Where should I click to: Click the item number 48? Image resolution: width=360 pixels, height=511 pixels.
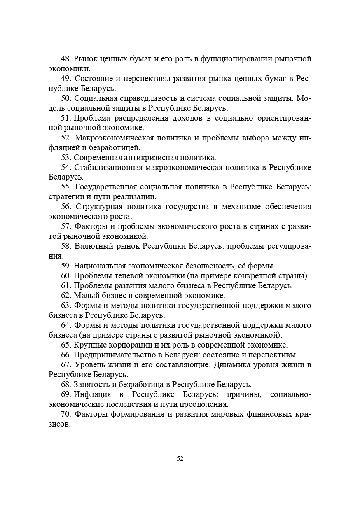[x=66, y=59]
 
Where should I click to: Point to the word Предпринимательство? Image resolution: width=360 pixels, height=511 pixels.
[x=110, y=355]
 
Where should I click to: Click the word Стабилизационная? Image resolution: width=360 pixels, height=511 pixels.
[x=108, y=167]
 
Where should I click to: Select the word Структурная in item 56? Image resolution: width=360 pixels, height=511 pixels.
[x=98, y=207]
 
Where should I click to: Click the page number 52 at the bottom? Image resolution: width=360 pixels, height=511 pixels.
[x=180, y=459]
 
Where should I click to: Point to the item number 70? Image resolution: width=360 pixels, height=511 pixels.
[x=66, y=414]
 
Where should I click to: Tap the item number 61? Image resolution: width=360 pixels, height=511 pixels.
[x=66, y=285]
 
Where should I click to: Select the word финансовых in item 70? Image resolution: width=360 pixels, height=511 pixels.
[x=258, y=414]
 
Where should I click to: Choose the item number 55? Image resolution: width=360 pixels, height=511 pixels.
[x=66, y=187]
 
